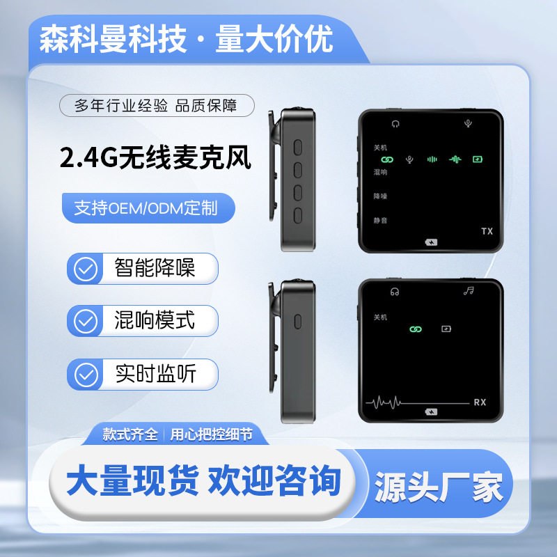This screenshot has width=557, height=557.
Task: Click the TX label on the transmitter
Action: pos(487,230)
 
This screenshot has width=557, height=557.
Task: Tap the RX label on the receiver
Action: pos(480,402)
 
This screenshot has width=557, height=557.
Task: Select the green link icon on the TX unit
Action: pos(388,159)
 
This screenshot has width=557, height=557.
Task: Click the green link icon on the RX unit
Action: pos(416,328)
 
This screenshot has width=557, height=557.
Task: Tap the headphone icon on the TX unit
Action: pos(395,124)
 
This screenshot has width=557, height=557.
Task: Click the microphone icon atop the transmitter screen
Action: pos(468,124)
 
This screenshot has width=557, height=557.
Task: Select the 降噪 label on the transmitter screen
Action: pos(380,196)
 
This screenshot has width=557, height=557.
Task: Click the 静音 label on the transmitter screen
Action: pos(380,219)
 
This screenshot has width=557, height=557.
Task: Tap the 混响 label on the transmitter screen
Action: pos(380,172)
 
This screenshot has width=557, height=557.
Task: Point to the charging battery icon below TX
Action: pos(431,242)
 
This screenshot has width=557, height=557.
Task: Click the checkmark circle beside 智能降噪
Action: pos(86,268)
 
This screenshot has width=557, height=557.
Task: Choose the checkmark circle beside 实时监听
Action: pos(86,375)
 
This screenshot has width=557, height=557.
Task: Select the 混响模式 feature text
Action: pos(155,321)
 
